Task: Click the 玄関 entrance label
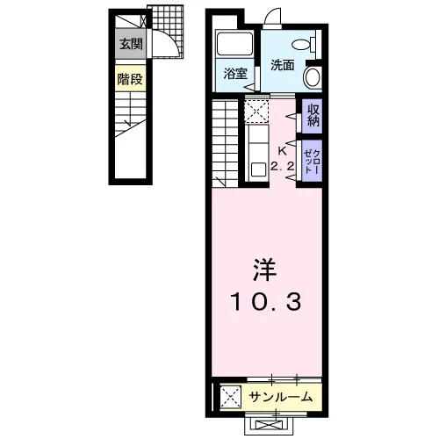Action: click(131, 44)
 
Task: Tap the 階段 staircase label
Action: click(130, 79)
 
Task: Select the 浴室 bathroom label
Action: click(235, 74)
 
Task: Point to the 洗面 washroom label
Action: click(282, 65)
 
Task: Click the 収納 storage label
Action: click(313, 115)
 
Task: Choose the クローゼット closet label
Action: click(312, 162)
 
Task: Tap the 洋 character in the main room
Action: click(265, 270)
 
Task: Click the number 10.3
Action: click(266, 302)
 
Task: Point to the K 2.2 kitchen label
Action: click(282, 159)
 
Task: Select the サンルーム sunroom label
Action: click(281, 397)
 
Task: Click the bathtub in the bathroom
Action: click(234, 44)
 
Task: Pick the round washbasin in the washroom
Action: click(313, 77)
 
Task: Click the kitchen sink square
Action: click(259, 169)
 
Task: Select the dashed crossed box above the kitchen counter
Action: click(256, 111)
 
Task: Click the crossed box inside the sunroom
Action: click(231, 397)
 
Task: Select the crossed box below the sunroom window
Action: click(269, 425)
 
